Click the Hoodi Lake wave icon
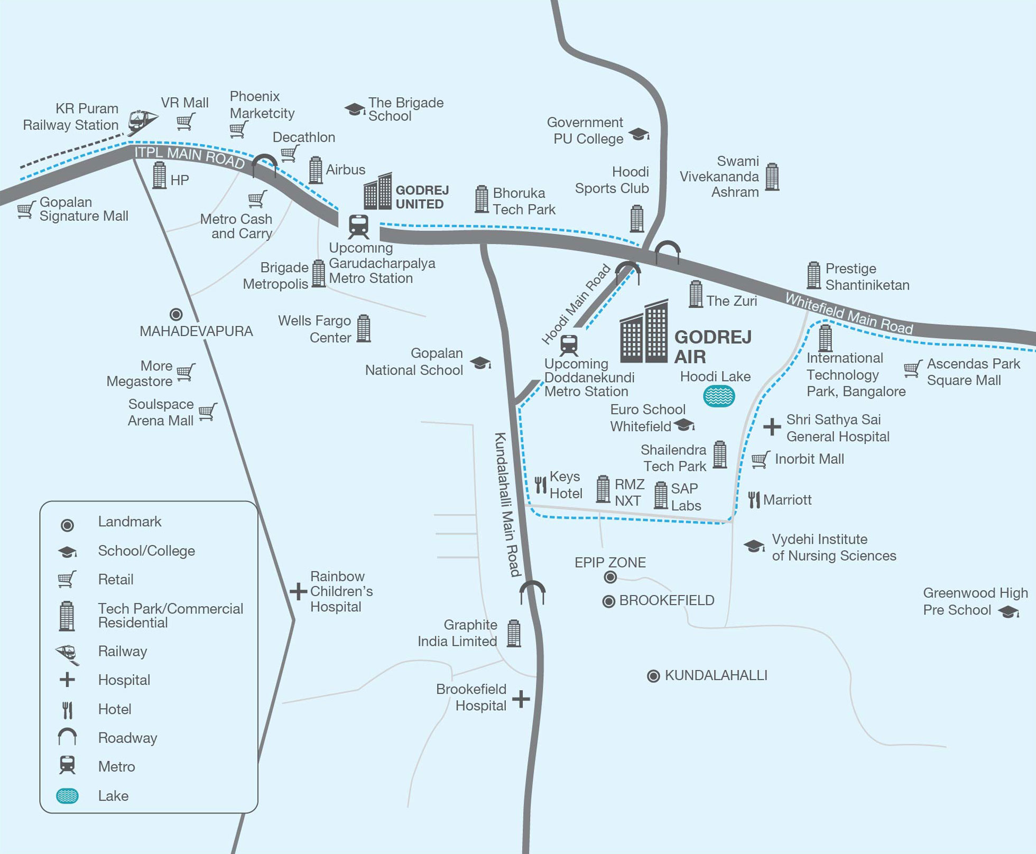point(719,396)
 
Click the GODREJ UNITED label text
point(422,197)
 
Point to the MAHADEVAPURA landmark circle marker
point(176,314)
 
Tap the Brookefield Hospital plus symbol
point(521,699)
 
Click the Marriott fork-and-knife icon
point(754,499)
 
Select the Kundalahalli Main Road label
point(508,504)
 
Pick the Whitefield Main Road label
point(849,313)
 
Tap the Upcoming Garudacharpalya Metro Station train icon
point(359,227)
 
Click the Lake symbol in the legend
point(67,796)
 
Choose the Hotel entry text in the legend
point(115,709)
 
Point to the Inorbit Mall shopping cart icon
point(761,459)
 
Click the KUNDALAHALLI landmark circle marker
point(653,676)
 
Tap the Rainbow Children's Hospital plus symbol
point(298,591)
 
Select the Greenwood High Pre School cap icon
point(1009,612)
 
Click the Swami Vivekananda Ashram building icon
point(772,177)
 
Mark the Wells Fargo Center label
point(314,329)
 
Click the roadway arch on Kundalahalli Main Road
point(532,592)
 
